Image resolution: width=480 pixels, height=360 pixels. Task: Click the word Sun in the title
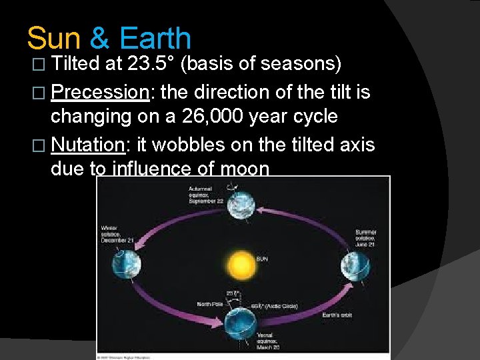[54, 38]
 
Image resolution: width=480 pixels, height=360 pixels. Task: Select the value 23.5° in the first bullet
[152, 65]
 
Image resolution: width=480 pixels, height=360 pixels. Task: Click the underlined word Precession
[99, 91]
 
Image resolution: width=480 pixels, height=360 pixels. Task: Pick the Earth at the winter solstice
[127, 265]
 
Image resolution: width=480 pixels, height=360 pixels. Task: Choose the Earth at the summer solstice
[353, 267]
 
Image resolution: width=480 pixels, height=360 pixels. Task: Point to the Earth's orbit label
[336, 315]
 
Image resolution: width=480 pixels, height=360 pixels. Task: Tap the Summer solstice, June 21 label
[365, 238]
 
